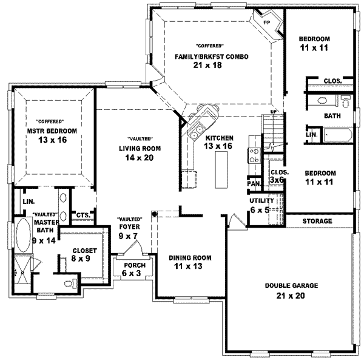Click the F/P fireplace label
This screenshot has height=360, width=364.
click(266, 23)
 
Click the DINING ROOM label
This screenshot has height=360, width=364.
click(190, 258)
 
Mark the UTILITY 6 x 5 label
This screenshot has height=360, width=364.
click(262, 205)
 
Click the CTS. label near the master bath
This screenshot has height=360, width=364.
click(83, 215)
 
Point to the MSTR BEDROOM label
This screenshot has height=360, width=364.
click(51, 131)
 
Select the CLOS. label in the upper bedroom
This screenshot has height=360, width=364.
click(331, 81)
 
